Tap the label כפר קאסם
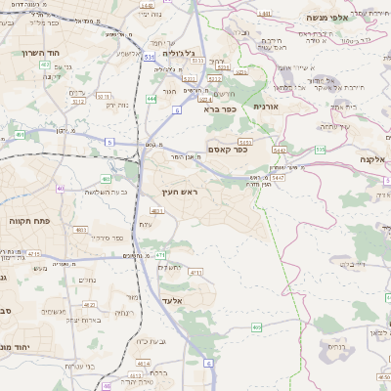228,149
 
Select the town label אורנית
266,106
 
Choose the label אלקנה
373,158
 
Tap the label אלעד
175,300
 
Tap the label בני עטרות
80,366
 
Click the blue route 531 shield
149,59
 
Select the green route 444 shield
151,98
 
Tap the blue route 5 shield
109,142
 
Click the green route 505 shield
321,150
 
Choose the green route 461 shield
20,134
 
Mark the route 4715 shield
33,254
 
